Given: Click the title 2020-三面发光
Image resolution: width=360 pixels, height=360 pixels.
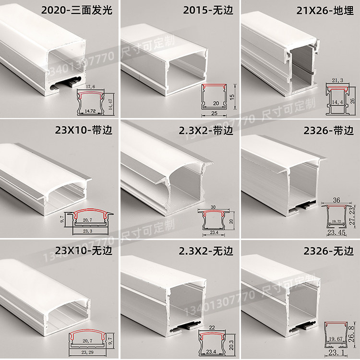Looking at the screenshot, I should (x=77, y=10).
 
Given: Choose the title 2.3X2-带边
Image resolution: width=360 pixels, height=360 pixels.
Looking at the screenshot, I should (x=205, y=130).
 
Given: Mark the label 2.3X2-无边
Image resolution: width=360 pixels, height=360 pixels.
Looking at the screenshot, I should (x=205, y=250).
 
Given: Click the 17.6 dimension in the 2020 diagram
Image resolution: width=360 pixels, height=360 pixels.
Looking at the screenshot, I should (x=91, y=87).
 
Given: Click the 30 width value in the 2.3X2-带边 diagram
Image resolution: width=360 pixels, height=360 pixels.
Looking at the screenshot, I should (x=213, y=206).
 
